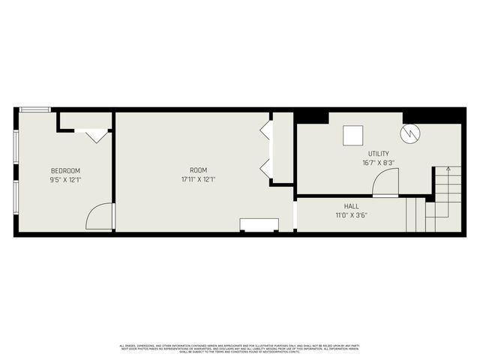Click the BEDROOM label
(64, 171)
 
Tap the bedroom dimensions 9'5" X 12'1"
(64, 180)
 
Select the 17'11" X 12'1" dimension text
(198, 180)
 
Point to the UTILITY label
(377, 154)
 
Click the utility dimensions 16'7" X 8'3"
(377, 162)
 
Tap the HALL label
(351, 206)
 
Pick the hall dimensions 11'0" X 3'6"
(351, 215)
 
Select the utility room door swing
(386, 182)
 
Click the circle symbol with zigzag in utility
(410, 134)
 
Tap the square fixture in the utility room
(353, 135)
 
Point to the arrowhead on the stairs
(448, 170)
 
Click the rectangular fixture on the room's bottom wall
(259, 224)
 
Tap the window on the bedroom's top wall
(35, 109)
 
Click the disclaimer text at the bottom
(240, 348)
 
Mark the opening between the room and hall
(295, 215)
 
